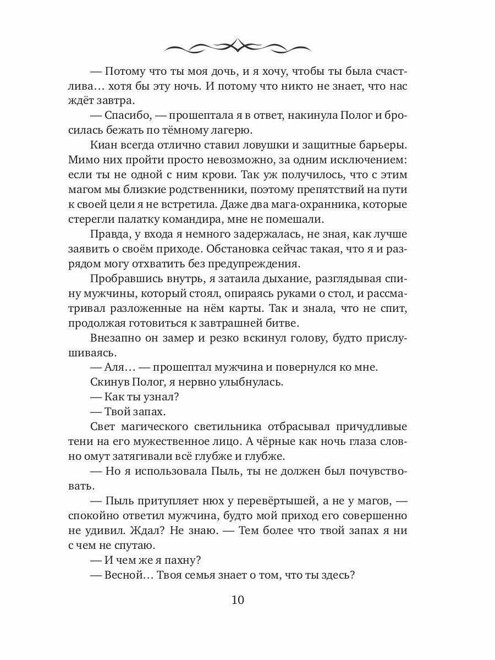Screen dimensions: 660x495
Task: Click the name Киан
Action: coord(103,146)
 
